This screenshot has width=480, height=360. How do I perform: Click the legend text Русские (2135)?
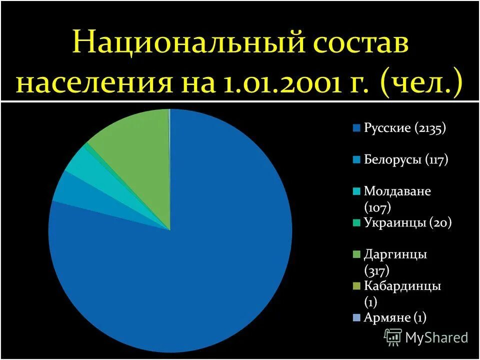coord(404,128)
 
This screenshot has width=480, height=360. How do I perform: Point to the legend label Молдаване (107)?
coord(397,198)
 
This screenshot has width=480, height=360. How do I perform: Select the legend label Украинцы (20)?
coord(407,223)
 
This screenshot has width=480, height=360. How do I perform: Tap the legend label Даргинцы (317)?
coord(395,262)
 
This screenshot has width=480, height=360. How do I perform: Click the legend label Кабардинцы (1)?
coord(402,293)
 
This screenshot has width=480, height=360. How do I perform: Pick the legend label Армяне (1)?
coord(395,317)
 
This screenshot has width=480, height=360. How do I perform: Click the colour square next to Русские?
coord(356,128)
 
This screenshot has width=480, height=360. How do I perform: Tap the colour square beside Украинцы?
coord(356,223)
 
